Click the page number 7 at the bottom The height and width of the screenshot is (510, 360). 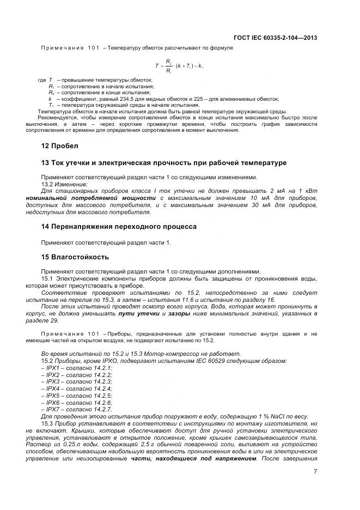click(315, 472)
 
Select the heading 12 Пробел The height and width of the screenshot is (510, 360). click(60, 146)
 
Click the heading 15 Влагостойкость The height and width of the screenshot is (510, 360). click(75, 257)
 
